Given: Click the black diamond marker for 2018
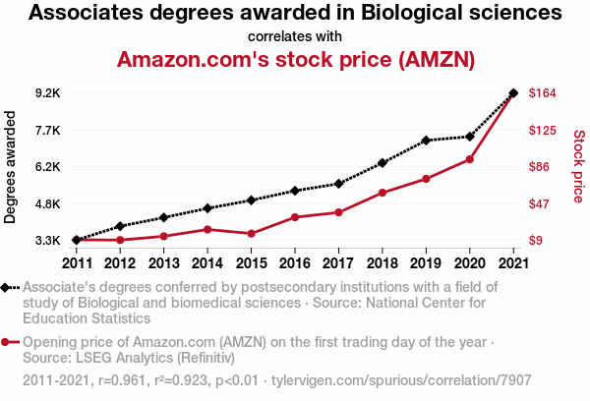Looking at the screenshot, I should [x=382, y=162].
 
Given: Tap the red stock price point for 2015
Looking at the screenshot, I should [x=251, y=234].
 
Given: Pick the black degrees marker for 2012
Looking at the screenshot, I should [x=120, y=226].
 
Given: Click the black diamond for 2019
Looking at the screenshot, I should [x=426, y=141].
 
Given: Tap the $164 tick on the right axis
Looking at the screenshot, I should [x=544, y=93].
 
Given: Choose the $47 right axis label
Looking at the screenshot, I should [x=541, y=204].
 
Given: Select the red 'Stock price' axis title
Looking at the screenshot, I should [x=578, y=167].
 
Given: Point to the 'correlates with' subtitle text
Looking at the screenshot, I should [x=295, y=36].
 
